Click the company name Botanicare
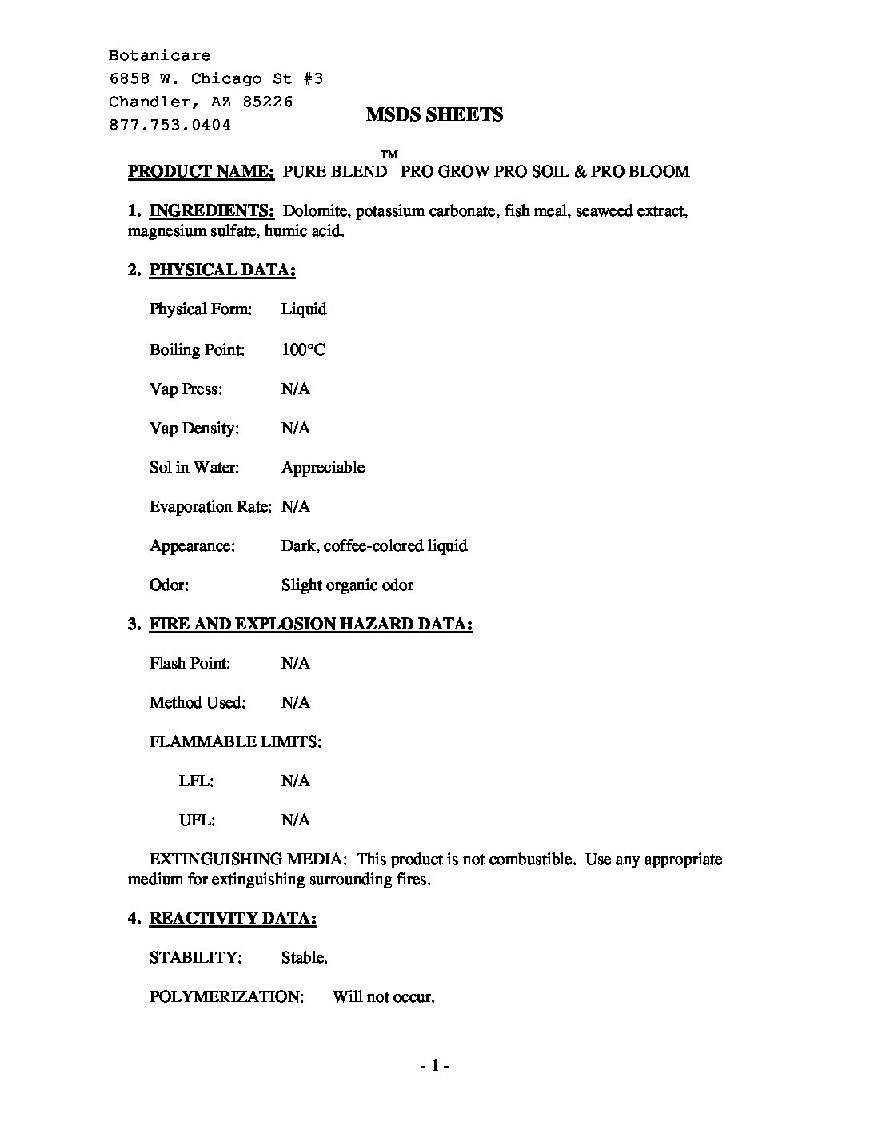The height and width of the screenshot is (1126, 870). point(160,56)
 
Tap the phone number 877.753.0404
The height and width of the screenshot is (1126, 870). point(170,125)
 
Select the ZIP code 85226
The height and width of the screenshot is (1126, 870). point(267,102)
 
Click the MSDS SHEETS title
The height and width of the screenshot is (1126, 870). point(434,114)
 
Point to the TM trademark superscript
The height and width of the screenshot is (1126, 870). point(389,154)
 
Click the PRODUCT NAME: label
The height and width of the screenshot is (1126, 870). point(202,171)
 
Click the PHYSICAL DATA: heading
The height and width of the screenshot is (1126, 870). point(222,270)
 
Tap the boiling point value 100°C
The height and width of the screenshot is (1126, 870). point(303,349)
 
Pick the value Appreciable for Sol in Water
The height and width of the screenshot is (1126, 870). point(322,467)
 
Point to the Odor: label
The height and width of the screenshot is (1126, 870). point(169,585)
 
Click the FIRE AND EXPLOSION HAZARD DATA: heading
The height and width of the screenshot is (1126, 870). point(310,624)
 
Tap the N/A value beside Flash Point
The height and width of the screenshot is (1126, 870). point(295,663)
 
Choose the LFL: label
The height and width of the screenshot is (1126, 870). point(196,781)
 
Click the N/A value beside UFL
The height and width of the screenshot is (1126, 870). point(295,820)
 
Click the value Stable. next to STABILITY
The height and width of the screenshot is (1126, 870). point(304,957)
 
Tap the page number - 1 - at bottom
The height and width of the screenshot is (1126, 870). point(434,1065)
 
